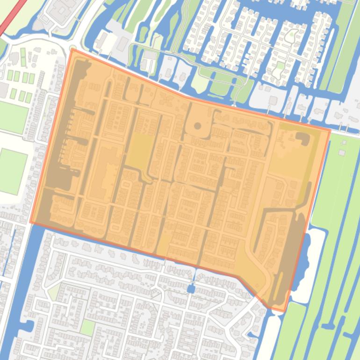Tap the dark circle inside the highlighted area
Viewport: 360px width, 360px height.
point(197,126)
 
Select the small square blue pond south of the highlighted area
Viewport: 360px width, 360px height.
point(191,289)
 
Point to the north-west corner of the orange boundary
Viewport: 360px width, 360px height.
point(72,50)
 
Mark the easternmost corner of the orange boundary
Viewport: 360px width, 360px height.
point(330,130)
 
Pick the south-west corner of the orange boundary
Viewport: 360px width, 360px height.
point(31,223)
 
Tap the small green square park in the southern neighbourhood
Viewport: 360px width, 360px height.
point(87,327)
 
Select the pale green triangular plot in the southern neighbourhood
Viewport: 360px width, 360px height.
point(54,292)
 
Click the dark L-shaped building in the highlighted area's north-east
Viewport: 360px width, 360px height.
point(304,139)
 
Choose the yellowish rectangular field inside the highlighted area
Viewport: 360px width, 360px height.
point(139,150)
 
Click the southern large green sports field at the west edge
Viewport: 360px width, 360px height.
point(13,171)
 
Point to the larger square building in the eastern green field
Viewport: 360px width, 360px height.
point(341,152)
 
